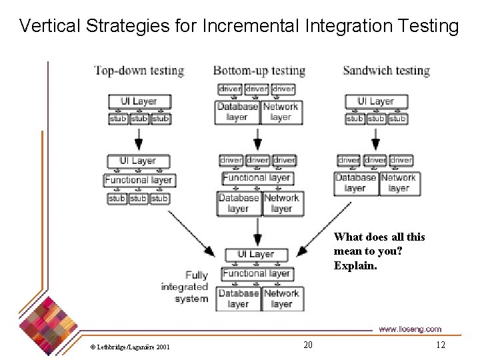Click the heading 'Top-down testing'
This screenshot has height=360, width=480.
[139, 71]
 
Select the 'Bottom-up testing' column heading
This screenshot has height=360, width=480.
[259, 71]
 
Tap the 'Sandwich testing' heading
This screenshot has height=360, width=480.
[386, 71]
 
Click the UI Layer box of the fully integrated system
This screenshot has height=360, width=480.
[256, 254]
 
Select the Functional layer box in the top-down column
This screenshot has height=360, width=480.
[139, 180]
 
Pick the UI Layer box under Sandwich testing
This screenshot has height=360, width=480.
[376, 101]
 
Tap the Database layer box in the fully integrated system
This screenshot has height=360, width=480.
[238, 299]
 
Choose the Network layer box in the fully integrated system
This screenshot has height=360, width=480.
[281, 299]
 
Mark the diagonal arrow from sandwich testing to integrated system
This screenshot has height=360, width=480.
[323, 230]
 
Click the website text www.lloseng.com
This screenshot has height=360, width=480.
[409, 329]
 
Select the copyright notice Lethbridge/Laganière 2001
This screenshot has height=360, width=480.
[130, 347]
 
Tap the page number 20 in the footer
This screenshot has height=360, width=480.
[307, 345]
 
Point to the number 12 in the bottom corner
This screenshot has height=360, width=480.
[440, 345]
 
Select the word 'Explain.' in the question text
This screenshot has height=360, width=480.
[355, 265]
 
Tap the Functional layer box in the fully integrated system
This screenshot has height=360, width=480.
[256, 273]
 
